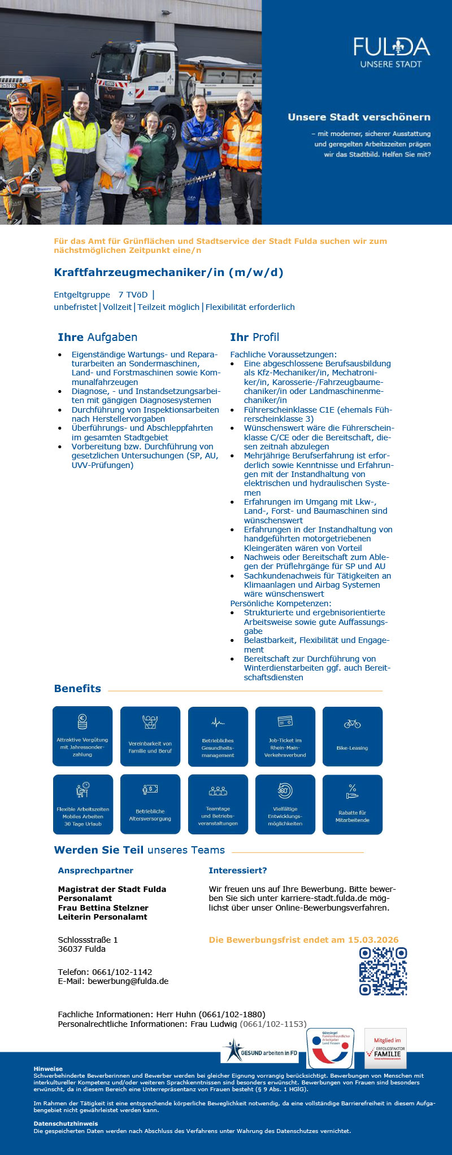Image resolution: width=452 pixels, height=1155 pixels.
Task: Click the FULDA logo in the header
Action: click(391, 51)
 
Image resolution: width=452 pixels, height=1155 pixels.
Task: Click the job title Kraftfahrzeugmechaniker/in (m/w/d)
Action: click(168, 273)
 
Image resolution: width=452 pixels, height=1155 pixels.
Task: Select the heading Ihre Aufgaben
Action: click(97, 337)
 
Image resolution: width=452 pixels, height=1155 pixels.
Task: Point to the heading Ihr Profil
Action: click(254, 337)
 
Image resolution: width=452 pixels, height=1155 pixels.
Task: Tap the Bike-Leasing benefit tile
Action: click(352, 736)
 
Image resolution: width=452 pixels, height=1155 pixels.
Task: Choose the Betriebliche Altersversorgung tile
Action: click(150, 804)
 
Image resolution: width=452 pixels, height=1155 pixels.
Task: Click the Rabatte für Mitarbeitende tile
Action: click(352, 804)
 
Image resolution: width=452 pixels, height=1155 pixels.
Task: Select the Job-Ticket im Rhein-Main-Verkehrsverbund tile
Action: click(285, 736)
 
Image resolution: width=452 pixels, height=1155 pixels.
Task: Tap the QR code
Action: click(383, 971)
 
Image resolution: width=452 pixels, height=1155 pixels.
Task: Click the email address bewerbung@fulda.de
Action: click(128, 981)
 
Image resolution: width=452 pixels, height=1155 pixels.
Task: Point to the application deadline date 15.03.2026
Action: click(373, 940)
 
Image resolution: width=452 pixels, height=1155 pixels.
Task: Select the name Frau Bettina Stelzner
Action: click(103, 908)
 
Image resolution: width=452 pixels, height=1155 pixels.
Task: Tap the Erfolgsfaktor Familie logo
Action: click(385, 1048)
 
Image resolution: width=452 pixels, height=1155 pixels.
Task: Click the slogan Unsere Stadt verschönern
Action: click(359, 117)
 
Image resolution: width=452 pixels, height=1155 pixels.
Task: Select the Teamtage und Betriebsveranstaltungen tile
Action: click(218, 804)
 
